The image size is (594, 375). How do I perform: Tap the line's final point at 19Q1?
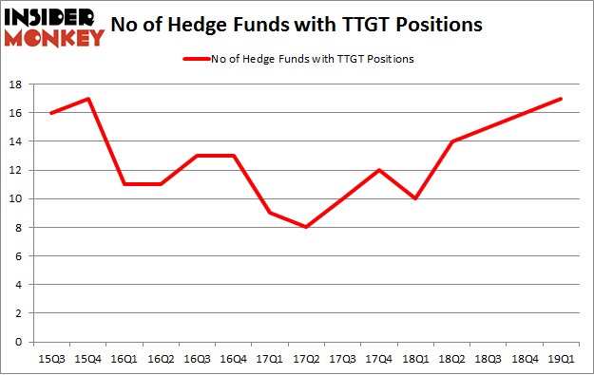[561, 99]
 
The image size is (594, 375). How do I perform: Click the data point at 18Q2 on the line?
[451, 141]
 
